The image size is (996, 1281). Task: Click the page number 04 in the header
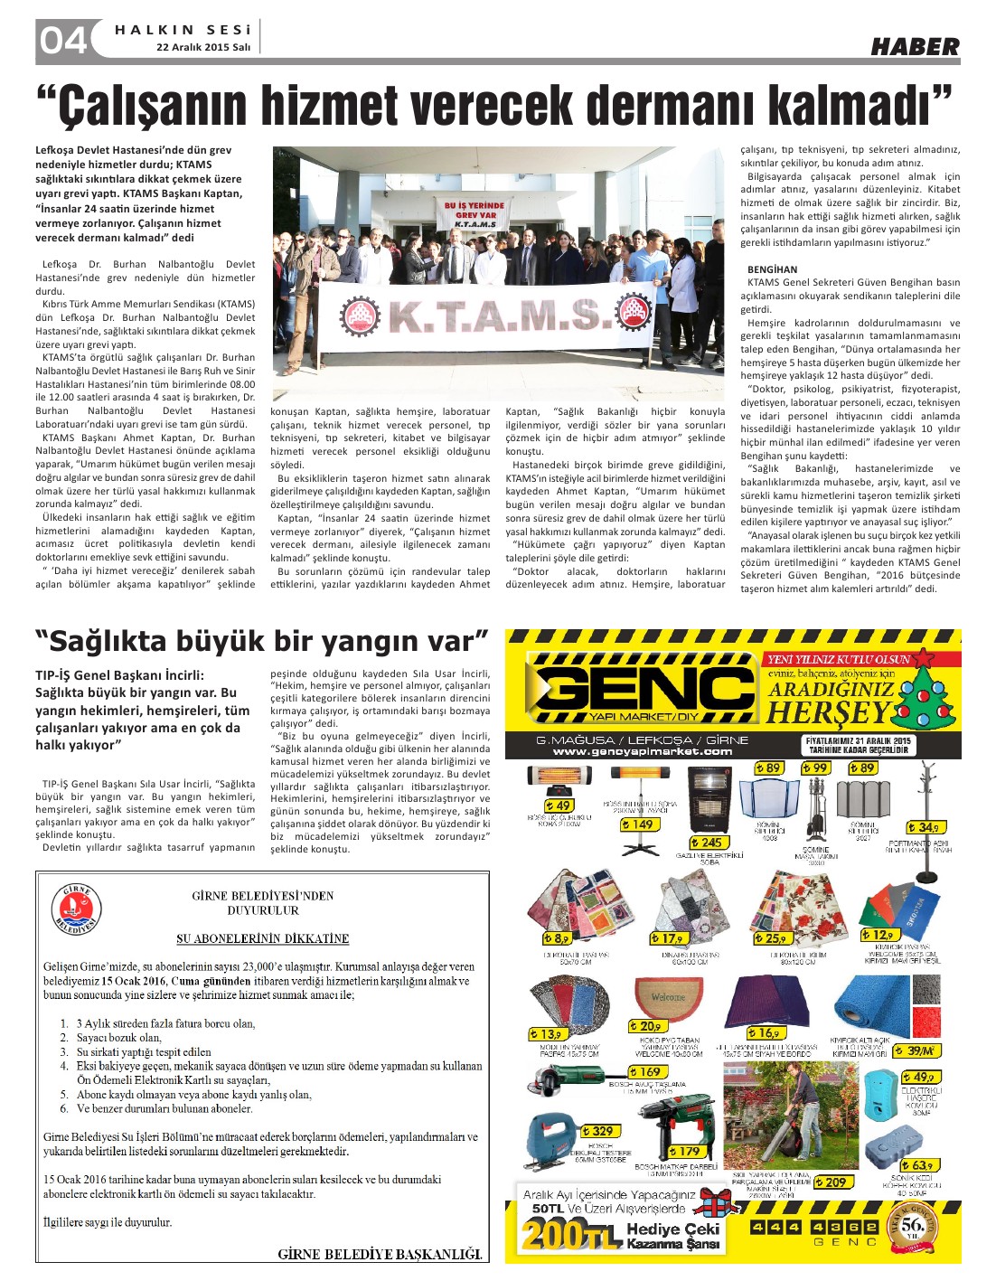click(x=62, y=41)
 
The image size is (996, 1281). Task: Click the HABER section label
click(x=915, y=46)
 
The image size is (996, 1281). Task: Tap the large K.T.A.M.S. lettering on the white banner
click(x=495, y=316)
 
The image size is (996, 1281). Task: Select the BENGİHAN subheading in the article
click(x=773, y=269)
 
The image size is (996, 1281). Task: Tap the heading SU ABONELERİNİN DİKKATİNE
click(x=262, y=938)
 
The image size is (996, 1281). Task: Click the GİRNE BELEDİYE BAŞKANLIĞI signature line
click(x=380, y=1254)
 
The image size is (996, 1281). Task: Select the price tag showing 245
click(x=711, y=843)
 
